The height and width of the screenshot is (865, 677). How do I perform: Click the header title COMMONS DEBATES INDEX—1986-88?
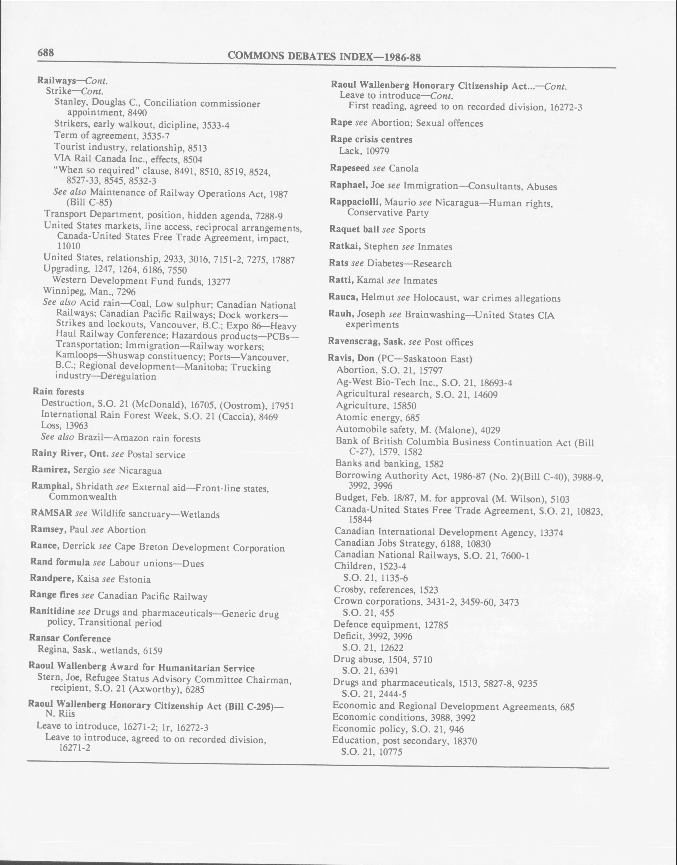click(x=324, y=57)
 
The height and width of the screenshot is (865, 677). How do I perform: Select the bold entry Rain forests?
click(x=58, y=392)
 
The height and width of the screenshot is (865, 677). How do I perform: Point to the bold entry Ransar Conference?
click(x=70, y=638)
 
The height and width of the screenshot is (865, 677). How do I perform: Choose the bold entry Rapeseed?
click(x=350, y=168)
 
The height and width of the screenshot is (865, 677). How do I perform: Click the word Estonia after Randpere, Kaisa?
click(x=135, y=579)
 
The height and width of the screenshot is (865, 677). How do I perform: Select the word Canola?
click(x=403, y=168)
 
